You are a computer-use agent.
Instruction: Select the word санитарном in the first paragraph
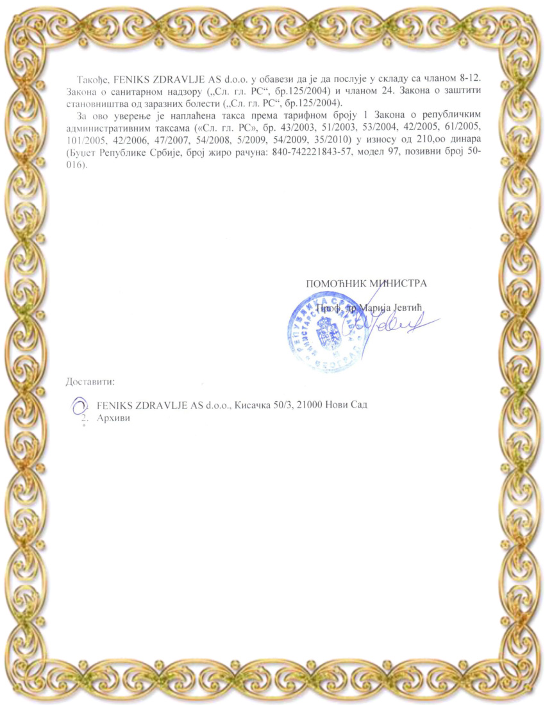[133, 91]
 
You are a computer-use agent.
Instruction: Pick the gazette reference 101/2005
[83, 140]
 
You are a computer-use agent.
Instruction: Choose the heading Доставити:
[90, 382]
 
